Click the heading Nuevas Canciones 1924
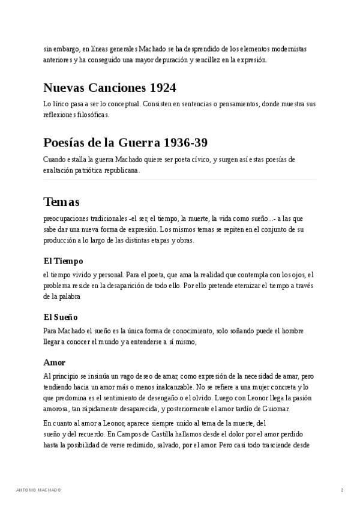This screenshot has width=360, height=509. [x=110, y=88]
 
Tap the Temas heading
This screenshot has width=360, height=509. [x=61, y=202]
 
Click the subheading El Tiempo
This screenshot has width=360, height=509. [x=63, y=261]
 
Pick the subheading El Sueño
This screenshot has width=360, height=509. [x=61, y=316]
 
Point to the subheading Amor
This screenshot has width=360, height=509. [x=54, y=362]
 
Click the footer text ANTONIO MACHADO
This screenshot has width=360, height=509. [x=38, y=490]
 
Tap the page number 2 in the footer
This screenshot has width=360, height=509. [x=342, y=490]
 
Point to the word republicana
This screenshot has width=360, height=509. [x=122, y=170]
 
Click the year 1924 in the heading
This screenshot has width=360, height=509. [x=163, y=88]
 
